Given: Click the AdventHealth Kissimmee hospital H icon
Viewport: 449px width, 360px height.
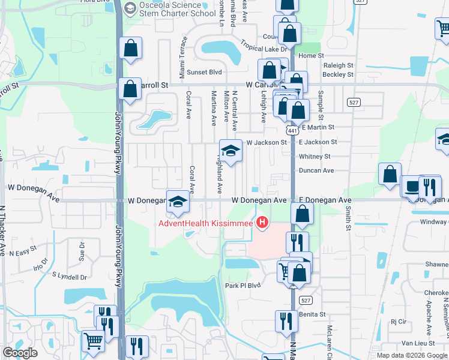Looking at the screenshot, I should point(262,224).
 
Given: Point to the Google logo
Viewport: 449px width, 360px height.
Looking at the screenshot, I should point(20,353).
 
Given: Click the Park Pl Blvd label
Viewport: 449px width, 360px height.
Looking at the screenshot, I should point(243,285).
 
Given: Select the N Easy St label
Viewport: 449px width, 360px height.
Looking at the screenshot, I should point(24,253).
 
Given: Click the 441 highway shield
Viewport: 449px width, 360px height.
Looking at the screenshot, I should point(292,130).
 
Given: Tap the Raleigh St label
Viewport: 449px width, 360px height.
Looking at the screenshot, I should point(337,65).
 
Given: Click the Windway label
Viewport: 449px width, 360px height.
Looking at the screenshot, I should point(433,221).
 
